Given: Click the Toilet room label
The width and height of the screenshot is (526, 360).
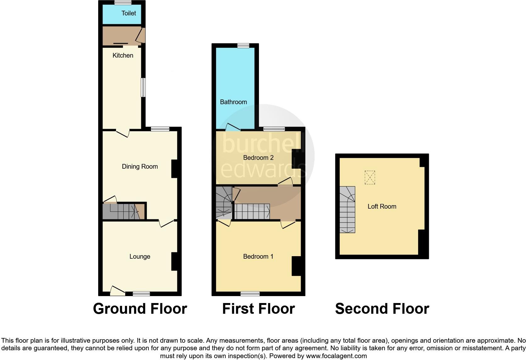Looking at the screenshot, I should (129, 13).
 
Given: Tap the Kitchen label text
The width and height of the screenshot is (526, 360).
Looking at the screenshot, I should (123, 55).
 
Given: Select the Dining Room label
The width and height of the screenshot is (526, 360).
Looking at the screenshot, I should (140, 166).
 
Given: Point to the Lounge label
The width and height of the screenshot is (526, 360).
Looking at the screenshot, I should (140, 256).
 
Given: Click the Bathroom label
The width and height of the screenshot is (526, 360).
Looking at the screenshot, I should (233, 102).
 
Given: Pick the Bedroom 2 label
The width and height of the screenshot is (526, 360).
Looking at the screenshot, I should (258, 158).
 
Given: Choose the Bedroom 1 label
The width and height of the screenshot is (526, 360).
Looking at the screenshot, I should (258, 256).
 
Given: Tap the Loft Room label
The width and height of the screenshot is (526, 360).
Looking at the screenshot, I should (382, 206).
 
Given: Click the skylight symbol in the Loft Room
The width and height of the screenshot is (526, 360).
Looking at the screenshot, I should (370, 177).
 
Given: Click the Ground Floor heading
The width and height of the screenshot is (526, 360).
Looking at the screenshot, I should (140, 309).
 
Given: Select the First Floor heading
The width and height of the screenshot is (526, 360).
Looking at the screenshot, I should (258, 309).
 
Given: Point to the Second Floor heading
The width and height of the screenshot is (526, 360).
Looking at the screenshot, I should (382, 309).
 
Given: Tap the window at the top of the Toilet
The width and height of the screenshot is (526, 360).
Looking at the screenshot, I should (123, 3).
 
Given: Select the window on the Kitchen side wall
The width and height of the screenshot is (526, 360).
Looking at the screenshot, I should (143, 87).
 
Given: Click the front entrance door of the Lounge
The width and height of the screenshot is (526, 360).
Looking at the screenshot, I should (117, 291).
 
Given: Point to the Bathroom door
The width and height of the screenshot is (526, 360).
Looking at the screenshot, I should (233, 127).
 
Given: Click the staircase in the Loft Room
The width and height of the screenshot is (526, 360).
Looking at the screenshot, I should (347, 210).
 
